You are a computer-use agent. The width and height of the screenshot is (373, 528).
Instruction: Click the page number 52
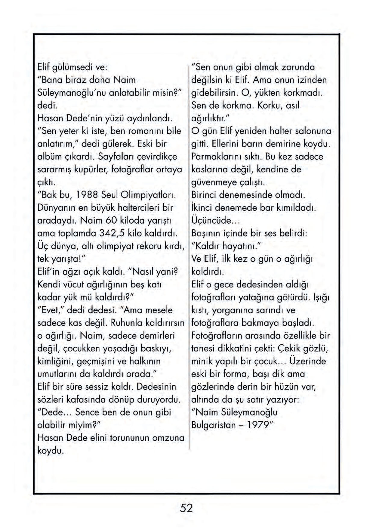click(x=186, y=508)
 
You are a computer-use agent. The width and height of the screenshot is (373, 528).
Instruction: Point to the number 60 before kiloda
click(x=112, y=220)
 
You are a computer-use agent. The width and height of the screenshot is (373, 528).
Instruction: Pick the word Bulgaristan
click(x=214, y=425)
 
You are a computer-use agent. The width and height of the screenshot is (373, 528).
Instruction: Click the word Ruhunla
click(x=127, y=323)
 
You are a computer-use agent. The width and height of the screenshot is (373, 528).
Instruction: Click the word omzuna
click(x=168, y=438)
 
